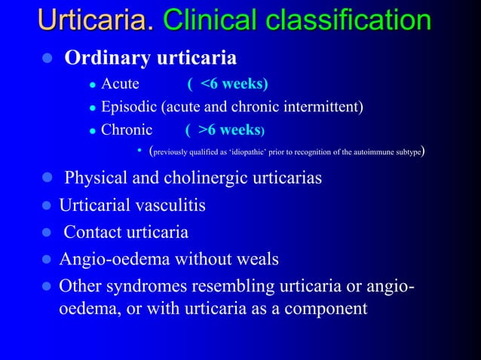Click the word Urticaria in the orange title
pos(96,20)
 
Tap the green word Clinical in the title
pos(210,20)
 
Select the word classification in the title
pos(348,20)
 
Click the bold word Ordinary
pos(108,58)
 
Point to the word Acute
pos(121,84)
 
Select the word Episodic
pos(129,107)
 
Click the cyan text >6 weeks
pos(229,130)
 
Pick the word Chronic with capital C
pos(127,130)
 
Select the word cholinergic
pos(205,178)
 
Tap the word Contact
pos(93,232)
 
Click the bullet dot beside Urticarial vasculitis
pos(47,205)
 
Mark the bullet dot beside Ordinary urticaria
pos(47,58)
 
